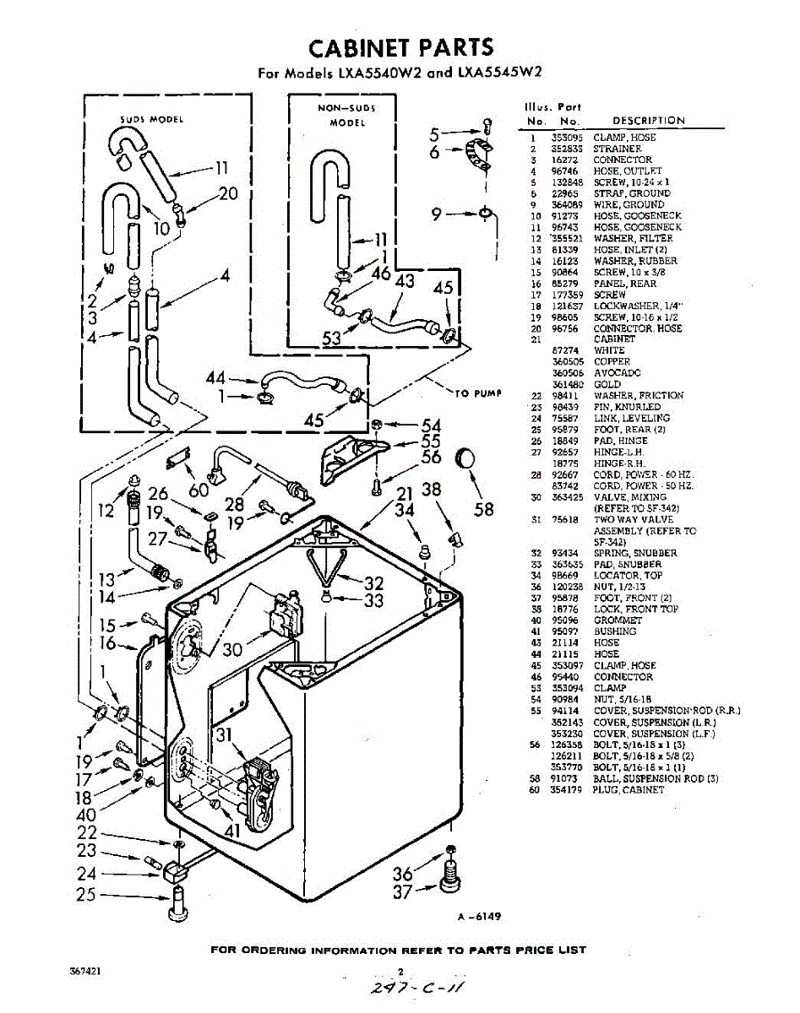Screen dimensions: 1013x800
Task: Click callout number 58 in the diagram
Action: pyautogui.click(x=483, y=510)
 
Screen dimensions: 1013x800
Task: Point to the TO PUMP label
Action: pyautogui.click(x=479, y=393)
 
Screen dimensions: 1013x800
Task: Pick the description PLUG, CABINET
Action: pyautogui.click(x=629, y=790)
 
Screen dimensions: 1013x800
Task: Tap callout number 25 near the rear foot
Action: pyautogui.click(x=86, y=895)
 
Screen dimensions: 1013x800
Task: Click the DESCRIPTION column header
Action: pyautogui.click(x=649, y=121)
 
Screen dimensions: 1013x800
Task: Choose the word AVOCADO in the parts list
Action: pyautogui.click(x=618, y=372)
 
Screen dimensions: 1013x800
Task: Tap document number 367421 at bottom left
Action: pyautogui.click(x=86, y=972)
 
